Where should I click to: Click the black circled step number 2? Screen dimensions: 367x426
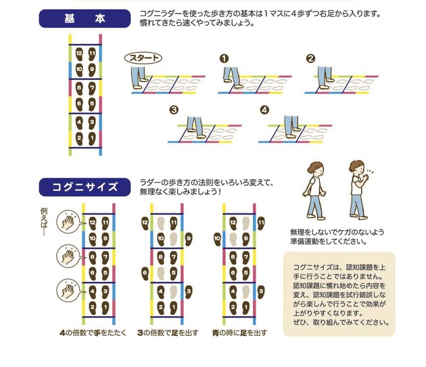pyautogui.click(x=310, y=58)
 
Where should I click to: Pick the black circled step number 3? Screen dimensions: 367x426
pyautogui.click(x=174, y=109)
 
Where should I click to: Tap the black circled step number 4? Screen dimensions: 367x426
pyautogui.click(x=264, y=109)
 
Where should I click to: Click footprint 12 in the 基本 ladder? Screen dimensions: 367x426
pyautogui.click(x=80, y=53)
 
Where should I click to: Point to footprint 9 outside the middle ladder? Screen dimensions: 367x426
pyautogui.click(x=188, y=238)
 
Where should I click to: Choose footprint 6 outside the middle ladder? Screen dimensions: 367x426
pyautogui.click(x=145, y=272)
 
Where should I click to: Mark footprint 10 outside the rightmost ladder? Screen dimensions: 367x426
pyautogui.click(x=218, y=238)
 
